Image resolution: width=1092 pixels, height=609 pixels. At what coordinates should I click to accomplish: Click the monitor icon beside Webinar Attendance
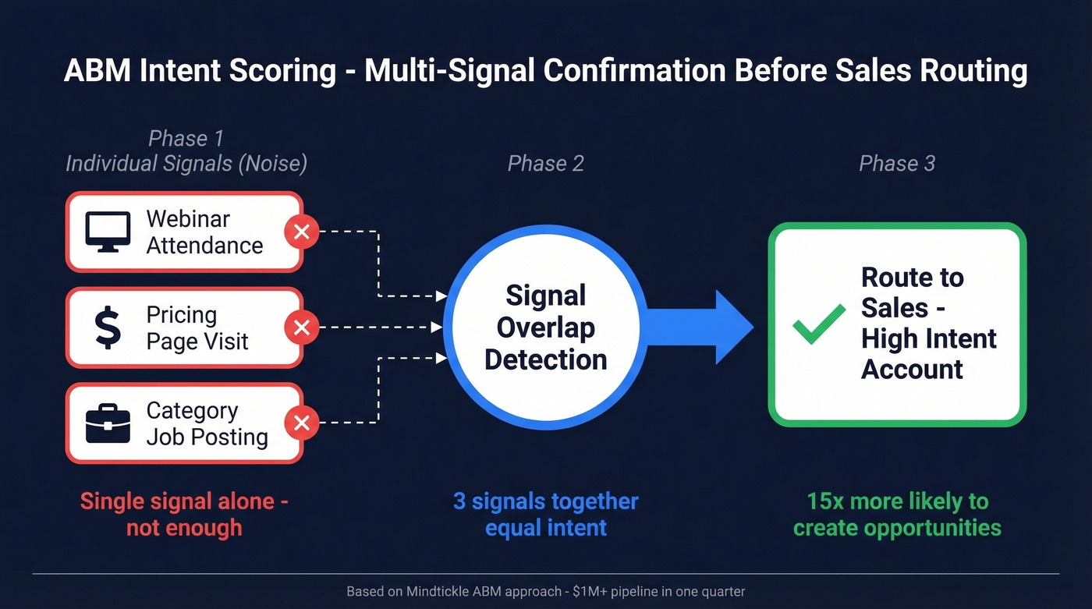coord(108,232)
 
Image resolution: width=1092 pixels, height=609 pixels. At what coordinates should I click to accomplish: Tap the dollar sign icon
coord(108,328)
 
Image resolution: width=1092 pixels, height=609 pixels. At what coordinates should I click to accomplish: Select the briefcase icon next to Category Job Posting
coord(108,423)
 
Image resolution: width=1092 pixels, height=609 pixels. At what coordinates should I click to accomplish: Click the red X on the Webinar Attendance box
coord(301,232)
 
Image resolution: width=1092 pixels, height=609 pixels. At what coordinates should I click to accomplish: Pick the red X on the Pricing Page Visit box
coord(301,328)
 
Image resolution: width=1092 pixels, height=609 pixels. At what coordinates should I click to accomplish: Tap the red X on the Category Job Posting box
coord(301,423)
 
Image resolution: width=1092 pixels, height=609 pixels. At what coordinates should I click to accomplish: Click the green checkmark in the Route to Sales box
coord(818,324)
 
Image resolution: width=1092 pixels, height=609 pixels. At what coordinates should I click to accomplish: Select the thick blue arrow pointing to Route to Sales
coord(694,327)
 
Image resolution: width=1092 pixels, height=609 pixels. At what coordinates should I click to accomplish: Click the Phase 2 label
coord(545,164)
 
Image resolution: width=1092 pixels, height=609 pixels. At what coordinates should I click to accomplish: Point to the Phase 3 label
coord(896,164)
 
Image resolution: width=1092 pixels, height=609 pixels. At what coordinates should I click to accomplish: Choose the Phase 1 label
coord(186,139)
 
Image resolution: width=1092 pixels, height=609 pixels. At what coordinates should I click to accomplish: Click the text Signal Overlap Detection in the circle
coord(545,328)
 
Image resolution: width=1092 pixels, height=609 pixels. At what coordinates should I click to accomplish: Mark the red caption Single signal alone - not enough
coord(184,514)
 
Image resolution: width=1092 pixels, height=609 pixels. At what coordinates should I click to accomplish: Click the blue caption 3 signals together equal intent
coord(545,514)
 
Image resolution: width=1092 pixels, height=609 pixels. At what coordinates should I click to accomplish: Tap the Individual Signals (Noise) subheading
coord(186,164)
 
